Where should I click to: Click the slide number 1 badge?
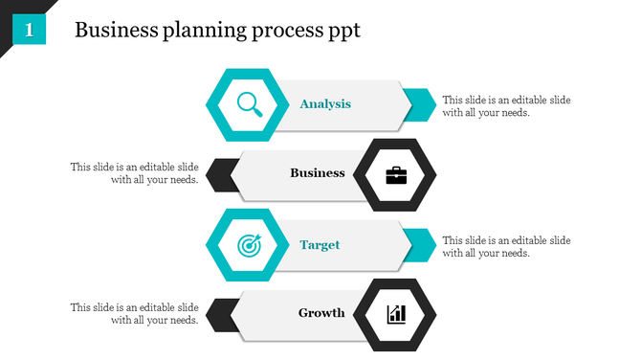tap(30, 31)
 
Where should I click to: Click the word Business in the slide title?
tap(113, 31)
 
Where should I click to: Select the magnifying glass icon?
tap(248, 103)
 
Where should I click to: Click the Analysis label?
tap(325, 103)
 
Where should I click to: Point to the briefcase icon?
tap(394, 174)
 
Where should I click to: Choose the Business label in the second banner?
tap(317, 173)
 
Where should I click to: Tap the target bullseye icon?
tap(248, 244)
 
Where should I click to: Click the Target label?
tap(320, 245)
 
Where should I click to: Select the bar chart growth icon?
tap(394, 314)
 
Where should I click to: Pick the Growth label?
tap(321, 313)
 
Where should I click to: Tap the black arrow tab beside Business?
tap(221, 173)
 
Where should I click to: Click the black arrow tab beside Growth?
tap(221, 313)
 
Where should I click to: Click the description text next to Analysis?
tap(506, 105)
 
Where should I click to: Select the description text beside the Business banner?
tap(134, 173)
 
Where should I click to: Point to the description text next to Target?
tap(506, 246)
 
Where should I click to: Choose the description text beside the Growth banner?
tap(134, 314)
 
